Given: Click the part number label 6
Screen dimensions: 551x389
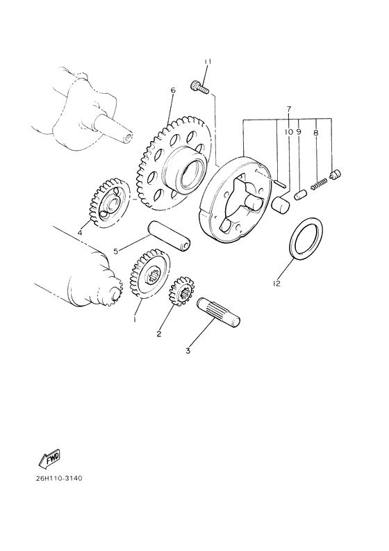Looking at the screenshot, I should click(x=173, y=90).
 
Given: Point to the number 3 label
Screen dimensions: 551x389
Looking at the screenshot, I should click(x=188, y=351).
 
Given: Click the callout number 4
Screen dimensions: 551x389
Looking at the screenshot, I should click(x=80, y=233).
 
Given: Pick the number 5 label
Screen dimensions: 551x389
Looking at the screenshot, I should click(x=117, y=250).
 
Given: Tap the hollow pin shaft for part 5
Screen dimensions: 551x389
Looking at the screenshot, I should click(x=169, y=237).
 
